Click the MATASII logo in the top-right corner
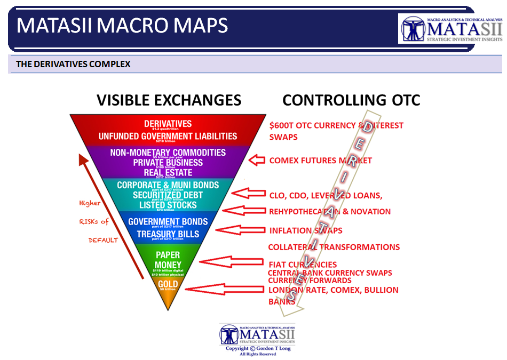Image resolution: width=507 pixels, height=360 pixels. pyautogui.click(x=451, y=29)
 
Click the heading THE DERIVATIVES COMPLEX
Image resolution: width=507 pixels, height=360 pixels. pyautogui.click(x=73, y=64)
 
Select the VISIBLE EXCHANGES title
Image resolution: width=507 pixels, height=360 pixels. pyautogui.click(x=169, y=100)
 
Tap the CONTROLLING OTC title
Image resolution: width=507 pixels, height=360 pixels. pyautogui.click(x=351, y=100)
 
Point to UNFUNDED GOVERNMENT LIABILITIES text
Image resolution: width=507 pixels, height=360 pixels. pyautogui.click(x=168, y=137)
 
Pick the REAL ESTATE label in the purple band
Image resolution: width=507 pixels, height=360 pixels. pyautogui.click(x=167, y=172)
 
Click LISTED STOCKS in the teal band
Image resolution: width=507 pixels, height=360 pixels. pyautogui.click(x=168, y=205)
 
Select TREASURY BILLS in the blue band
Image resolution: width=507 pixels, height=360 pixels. pyautogui.click(x=168, y=234)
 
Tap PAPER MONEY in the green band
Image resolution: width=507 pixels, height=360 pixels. pyautogui.click(x=168, y=260)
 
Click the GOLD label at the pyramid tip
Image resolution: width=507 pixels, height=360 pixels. pyautogui.click(x=168, y=284)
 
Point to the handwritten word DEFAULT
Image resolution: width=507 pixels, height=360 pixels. pyautogui.click(x=103, y=240)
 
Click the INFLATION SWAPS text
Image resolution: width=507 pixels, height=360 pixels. pyautogui.click(x=305, y=230)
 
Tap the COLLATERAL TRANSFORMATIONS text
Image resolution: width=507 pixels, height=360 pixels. pyautogui.click(x=334, y=247)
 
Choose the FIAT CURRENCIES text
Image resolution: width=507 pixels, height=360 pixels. pyautogui.click(x=303, y=264)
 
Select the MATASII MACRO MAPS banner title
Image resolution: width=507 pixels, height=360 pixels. pyautogui.click(x=123, y=26)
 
